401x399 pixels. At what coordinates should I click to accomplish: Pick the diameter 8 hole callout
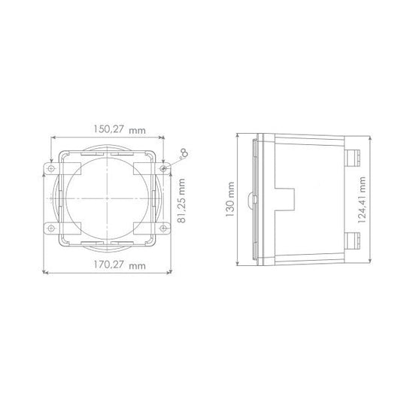pyautogui.click(x=181, y=153)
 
